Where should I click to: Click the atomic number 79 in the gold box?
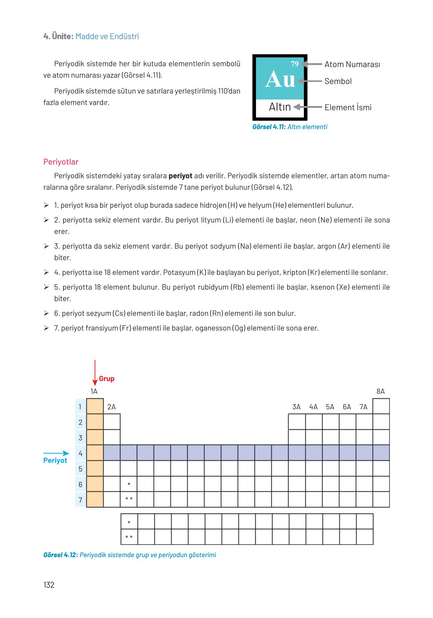click(295, 64)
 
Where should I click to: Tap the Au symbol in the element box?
click(280, 80)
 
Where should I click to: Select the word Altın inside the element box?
click(280, 107)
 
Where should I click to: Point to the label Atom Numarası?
click(352, 64)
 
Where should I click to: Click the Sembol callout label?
click(338, 81)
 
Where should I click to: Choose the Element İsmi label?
click(348, 108)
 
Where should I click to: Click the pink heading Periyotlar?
click(61, 162)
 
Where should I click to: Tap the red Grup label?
click(107, 378)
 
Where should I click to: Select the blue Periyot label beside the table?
click(55, 460)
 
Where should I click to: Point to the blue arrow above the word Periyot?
click(56, 453)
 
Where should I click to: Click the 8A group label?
click(381, 391)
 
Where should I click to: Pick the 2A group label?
click(112, 407)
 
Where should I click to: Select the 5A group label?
click(330, 407)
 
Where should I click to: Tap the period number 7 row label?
click(80, 500)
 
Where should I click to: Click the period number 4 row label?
click(80, 453)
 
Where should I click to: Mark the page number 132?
click(49, 585)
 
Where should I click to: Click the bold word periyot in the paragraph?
click(180, 176)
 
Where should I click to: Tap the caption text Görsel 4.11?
click(269, 127)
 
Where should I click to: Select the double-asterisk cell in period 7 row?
click(129, 499)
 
